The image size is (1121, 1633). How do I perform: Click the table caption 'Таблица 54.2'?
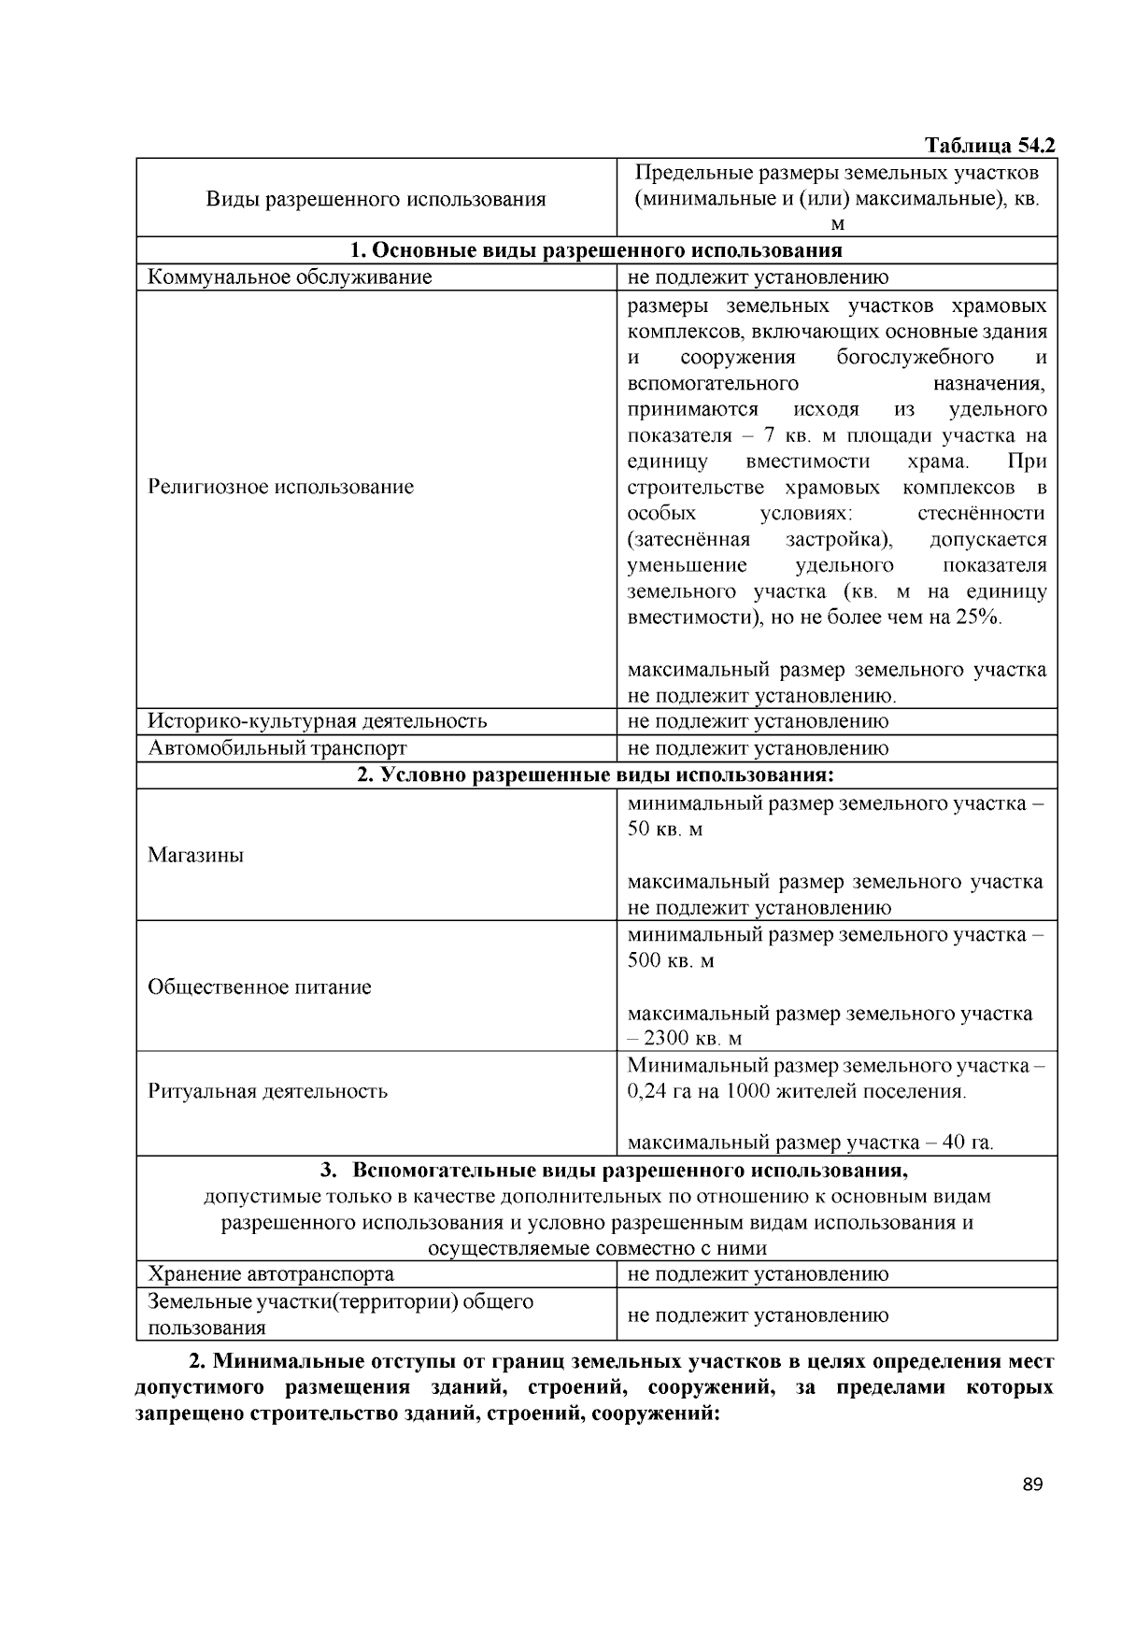(989, 146)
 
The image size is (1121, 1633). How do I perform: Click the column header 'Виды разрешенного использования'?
(376, 199)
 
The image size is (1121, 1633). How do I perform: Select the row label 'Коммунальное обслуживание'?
(290, 277)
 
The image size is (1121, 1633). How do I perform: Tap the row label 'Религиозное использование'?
(280, 487)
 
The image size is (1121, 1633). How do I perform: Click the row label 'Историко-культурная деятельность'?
(317, 721)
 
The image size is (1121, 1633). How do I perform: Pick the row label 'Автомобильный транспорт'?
(277, 748)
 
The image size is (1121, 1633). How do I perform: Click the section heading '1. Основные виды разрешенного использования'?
(596, 250)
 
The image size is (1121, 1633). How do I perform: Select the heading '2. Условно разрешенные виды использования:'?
(596, 775)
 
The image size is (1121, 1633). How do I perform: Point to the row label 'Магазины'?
(195, 856)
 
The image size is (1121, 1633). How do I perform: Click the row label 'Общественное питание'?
(259, 987)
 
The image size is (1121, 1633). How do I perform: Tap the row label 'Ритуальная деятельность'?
(267, 1091)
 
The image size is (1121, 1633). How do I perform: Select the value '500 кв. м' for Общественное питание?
(670, 960)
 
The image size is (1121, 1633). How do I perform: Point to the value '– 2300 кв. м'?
(684, 1039)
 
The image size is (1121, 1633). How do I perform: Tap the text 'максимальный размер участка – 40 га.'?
(810, 1143)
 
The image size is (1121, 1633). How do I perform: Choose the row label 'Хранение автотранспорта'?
(271, 1274)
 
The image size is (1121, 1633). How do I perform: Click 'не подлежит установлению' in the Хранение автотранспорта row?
(758, 1274)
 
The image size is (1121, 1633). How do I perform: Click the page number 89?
(1031, 1485)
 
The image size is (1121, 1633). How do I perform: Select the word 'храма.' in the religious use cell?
(938, 461)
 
